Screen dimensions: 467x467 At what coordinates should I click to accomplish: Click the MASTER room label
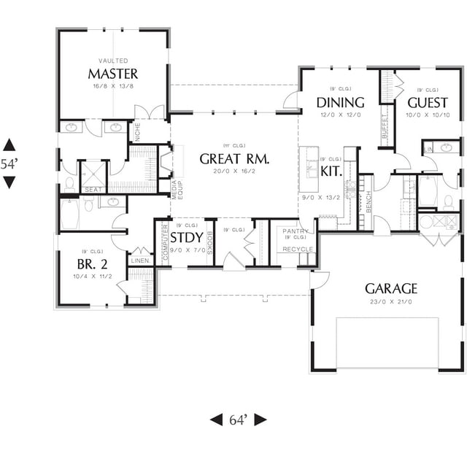point(113,74)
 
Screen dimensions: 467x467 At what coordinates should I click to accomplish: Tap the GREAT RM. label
point(235,158)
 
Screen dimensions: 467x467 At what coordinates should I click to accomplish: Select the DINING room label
point(340,102)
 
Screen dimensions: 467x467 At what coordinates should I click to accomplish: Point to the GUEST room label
point(428,102)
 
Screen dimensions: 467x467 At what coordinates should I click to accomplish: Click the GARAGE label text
point(391,288)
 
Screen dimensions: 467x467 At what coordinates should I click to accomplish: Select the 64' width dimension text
point(239,420)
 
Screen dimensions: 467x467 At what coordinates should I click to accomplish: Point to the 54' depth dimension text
point(8,164)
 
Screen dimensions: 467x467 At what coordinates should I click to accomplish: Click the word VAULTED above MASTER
point(113,61)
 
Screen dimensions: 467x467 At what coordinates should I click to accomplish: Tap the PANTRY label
point(296,231)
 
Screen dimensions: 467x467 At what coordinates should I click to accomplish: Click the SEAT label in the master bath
point(93,190)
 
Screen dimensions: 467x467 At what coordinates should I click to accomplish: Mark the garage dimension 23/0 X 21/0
point(391,301)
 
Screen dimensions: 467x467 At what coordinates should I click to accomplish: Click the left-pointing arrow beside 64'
point(217,420)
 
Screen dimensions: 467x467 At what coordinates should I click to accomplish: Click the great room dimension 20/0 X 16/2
point(235,171)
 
